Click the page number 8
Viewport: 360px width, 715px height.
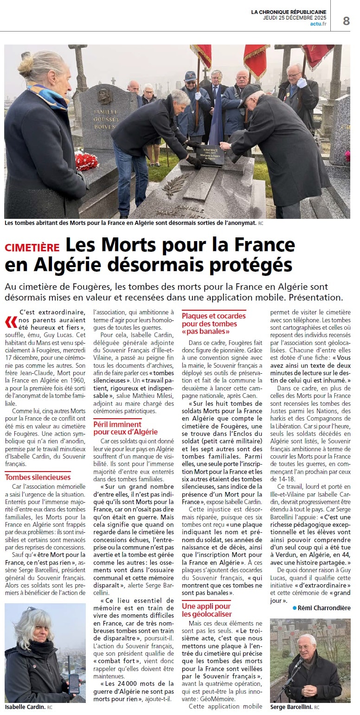[x=346, y=21]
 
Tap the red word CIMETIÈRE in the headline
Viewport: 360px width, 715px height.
[x=32, y=248]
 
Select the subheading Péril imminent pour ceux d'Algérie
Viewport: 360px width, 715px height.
[x=125, y=428]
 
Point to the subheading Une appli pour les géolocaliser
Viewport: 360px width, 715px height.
[x=206, y=610]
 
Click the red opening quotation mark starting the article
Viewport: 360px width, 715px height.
[x=11, y=321]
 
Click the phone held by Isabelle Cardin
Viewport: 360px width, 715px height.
[x=74, y=682]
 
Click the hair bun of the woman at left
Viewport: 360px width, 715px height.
[x=26, y=61]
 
